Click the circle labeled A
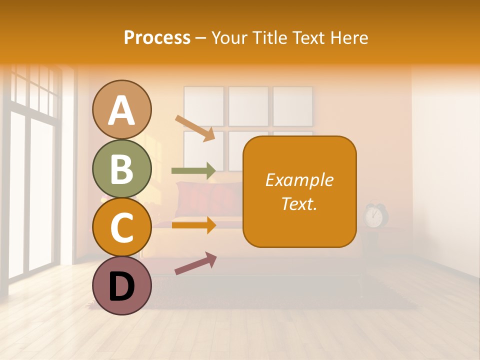pyautogui.click(x=121, y=109)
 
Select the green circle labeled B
pyautogui.click(x=121, y=168)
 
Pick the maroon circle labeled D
pyautogui.click(x=121, y=285)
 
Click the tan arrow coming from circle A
pyautogui.click(x=195, y=128)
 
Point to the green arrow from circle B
pyautogui.click(x=193, y=170)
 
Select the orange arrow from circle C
pyautogui.click(x=193, y=225)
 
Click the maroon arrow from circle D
pyautogui.click(x=195, y=263)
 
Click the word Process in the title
pyautogui.click(x=157, y=37)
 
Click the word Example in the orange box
pyautogui.click(x=299, y=180)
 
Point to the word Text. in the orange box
pyautogui.click(x=299, y=203)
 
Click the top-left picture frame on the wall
pyautogui.click(x=203, y=105)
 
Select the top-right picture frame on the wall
pyautogui.click(x=293, y=105)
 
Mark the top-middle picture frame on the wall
pyautogui.click(x=248, y=105)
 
